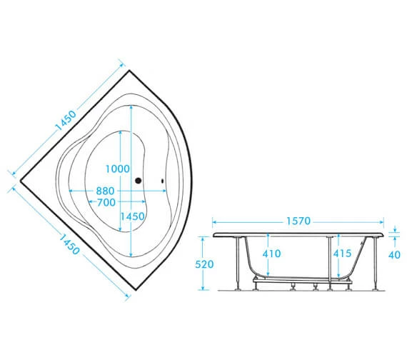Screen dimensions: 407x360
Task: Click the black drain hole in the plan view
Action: [x=138, y=181]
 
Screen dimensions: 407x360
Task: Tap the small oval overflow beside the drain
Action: [x=163, y=181]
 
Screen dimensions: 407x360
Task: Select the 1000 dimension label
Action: [x=118, y=169]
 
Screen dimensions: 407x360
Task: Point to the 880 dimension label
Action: [x=105, y=191]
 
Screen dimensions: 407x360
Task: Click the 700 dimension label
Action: [x=106, y=202]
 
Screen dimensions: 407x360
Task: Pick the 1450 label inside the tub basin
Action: [x=132, y=216]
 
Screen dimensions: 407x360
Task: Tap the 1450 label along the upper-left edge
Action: [x=66, y=121]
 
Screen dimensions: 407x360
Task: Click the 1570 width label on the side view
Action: [x=298, y=221]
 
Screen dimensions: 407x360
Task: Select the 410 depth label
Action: [x=271, y=254]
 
